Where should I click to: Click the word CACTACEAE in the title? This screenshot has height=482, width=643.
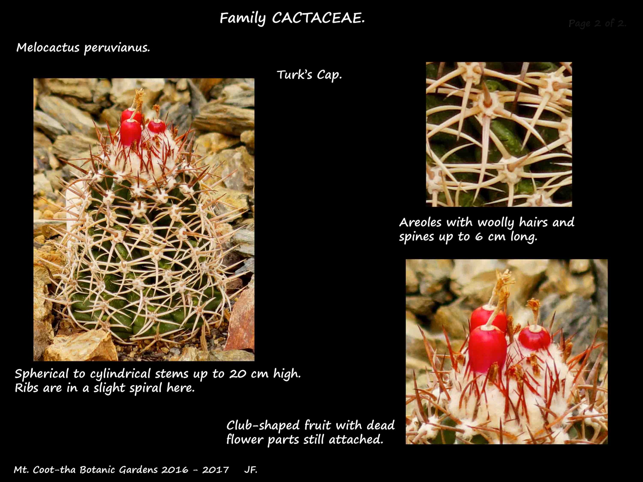[318, 18]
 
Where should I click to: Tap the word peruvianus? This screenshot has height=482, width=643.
[117, 48]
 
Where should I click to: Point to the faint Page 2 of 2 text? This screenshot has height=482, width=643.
[597, 23]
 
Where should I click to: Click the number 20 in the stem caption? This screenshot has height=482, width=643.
[238, 374]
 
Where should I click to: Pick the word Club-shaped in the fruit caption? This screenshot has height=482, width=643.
[263, 425]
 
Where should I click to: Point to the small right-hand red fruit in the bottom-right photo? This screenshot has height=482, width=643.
[534, 338]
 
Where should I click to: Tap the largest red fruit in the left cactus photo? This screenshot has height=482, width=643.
[131, 132]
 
